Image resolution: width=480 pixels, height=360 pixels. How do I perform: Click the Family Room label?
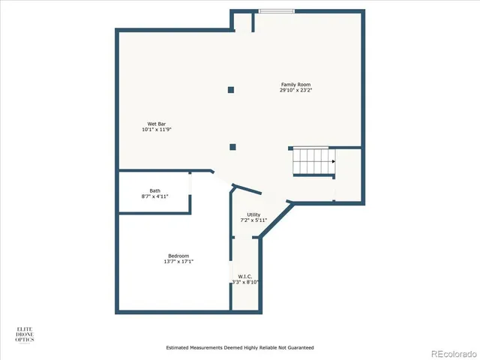pos(295,85)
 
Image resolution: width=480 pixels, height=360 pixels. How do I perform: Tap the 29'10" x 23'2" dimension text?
pos(295,91)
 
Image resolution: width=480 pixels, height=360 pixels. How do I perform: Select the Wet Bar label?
pos(157,123)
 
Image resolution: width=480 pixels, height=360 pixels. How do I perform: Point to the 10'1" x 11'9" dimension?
pos(157,130)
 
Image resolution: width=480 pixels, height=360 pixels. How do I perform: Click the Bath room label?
pos(154,190)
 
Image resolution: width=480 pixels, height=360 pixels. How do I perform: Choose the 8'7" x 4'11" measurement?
pos(154,196)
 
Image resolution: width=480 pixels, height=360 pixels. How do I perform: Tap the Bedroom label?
pos(178,256)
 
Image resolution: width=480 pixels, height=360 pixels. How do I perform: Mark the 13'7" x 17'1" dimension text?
pos(178,262)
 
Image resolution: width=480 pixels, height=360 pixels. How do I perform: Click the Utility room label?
pos(253,214)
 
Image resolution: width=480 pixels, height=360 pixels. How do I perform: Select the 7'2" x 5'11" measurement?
pos(253,220)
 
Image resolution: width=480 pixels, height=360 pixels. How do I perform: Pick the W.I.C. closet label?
pos(245,276)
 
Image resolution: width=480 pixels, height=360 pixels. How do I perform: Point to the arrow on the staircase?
pos(332,160)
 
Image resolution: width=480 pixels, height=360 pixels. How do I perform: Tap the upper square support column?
pos(231,90)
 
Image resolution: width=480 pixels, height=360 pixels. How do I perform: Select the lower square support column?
pos(233,147)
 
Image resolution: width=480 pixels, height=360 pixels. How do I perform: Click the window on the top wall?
pos(277,10)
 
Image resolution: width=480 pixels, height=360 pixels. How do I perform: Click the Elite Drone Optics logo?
pos(25,334)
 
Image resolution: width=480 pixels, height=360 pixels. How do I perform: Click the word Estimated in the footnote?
pos(180,348)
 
